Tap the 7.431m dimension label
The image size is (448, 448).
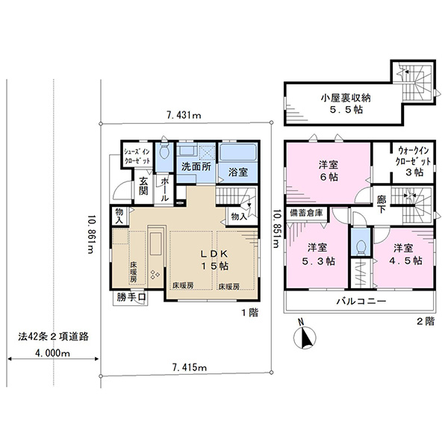(184, 115)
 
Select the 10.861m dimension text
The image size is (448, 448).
(90, 234)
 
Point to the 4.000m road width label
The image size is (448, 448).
(52, 353)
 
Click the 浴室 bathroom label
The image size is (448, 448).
(237, 172)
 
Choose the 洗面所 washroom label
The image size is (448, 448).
(196, 167)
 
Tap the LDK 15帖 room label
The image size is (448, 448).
(214, 260)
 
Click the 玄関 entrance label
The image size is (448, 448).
(143, 186)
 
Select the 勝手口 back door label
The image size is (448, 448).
(131, 297)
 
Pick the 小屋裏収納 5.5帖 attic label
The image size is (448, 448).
(346, 104)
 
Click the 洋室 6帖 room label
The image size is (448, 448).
(329, 170)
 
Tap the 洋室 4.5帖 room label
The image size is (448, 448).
(405, 254)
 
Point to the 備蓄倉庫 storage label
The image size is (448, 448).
(306, 213)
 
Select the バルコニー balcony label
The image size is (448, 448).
(361, 301)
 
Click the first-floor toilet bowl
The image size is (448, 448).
(164, 152)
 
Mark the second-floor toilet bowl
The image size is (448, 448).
(361, 247)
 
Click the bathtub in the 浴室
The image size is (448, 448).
(237, 152)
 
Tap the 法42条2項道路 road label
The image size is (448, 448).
(54, 336)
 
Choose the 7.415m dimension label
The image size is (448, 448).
(190, 367)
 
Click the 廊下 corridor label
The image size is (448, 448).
(382, 205)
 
